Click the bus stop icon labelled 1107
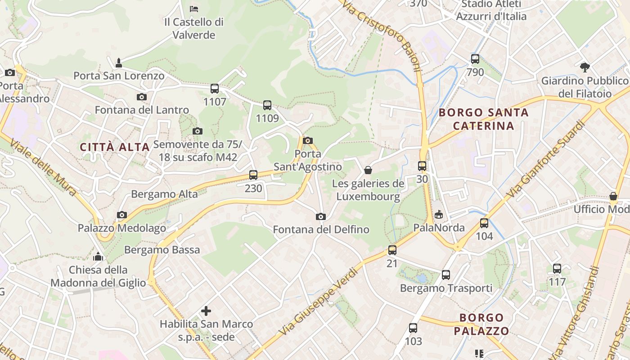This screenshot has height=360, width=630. (x=215, y=89)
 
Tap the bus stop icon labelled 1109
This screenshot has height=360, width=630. (x=267, y=105)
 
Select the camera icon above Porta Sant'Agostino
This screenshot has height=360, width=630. (x=308, y=140)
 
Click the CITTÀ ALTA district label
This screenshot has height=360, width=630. (x=115, y=147)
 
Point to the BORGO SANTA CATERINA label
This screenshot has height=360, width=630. (x=483, y=119)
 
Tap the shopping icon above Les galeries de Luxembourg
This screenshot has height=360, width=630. (x=368, y=170)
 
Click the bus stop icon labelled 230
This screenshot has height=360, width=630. (x=253, y=175)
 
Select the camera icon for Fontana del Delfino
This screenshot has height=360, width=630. (x=321, y=217)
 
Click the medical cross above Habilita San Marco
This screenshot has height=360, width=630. (x=206, y=310)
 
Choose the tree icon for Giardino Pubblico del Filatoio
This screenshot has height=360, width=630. (x=585, y=67)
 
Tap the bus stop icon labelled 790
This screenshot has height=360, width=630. (x=475, y=59)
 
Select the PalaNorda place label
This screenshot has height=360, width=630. (x=439, y=228)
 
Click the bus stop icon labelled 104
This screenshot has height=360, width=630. (x=484, y=223)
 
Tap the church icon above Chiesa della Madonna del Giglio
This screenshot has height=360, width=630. (x=98, y=256)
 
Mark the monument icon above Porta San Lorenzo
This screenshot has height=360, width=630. (x=119, y=62)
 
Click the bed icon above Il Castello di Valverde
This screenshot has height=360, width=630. (x=193, y=9)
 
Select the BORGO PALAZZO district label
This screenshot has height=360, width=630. (x=481, y=325)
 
